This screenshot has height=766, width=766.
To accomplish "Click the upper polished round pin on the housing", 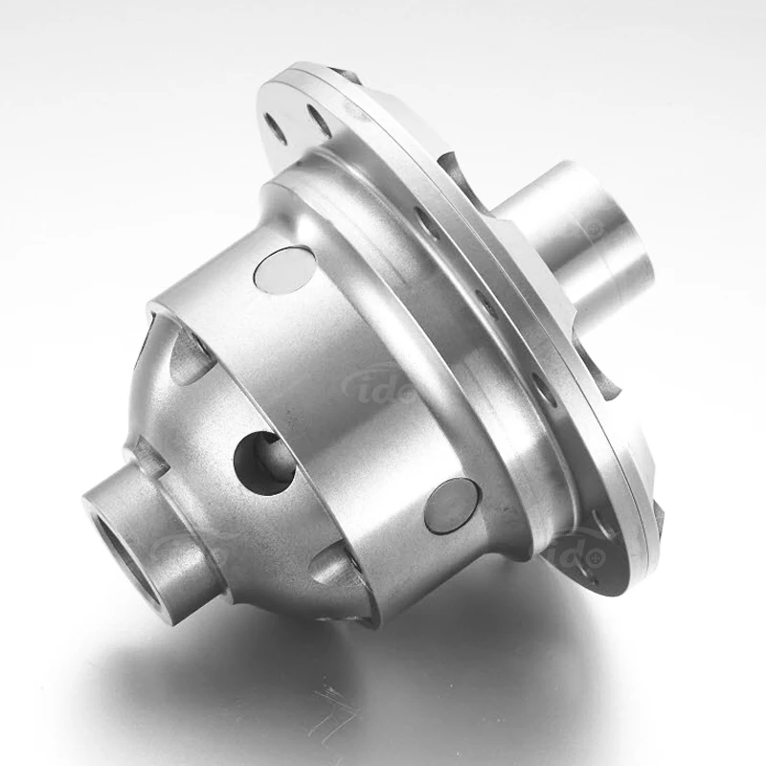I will tap(285, 269).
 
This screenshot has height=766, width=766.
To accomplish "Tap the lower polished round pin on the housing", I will tap(451, 506).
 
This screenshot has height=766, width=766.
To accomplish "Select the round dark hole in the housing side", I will tap(262, 462).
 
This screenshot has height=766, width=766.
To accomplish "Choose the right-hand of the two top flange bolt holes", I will tap(319, 121).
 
